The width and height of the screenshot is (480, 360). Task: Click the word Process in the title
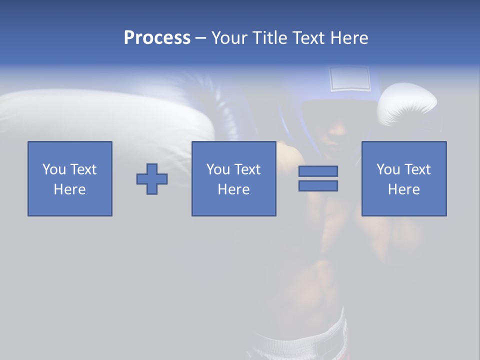157,38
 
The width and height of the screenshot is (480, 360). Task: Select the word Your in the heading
230,38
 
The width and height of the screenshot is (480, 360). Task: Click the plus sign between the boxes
152,178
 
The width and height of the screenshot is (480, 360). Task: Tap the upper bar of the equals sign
318,171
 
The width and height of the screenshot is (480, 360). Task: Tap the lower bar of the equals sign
318,186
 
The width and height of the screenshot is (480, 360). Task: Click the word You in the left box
54,169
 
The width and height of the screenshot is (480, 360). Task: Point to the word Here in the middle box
233,189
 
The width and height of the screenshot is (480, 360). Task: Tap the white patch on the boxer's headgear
349,78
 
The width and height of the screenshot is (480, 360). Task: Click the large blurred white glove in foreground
100,115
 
